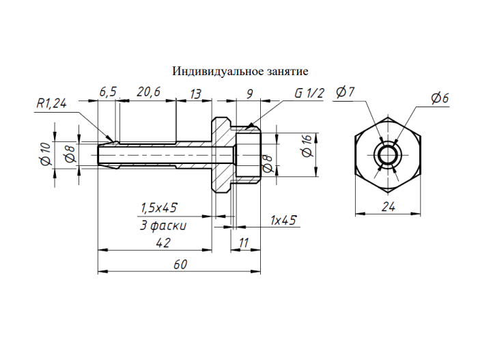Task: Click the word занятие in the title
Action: tap(288, 72)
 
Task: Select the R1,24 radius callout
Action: tap(51, 104)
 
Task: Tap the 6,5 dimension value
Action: tap(108, 92)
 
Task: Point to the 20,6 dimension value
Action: tap(148, 92)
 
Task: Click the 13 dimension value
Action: tap(195, 94)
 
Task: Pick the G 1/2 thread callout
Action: tap(309, 93)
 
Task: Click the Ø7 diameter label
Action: tap(345, 92)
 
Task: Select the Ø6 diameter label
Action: tap(440, 98)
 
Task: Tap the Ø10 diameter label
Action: tap(46, 154)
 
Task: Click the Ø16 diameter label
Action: tap(307, 146)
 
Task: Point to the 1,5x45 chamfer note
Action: tap(159, 208)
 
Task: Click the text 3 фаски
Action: tap(163, 225)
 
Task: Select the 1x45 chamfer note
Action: tap(283, 220)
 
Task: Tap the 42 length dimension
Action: tap(163, 243)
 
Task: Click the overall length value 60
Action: tap(180, 264)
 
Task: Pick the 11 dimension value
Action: tap(244, 243)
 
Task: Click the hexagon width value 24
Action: tap(389, 207)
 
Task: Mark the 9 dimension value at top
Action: tap(250, 94)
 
